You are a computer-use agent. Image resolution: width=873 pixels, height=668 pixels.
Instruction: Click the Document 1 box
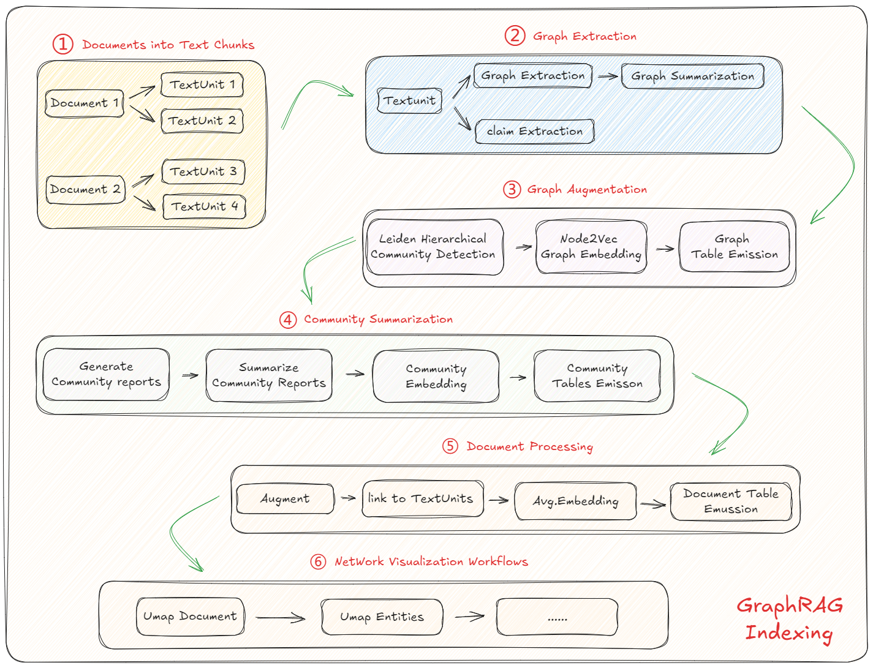click(x=85, y=103)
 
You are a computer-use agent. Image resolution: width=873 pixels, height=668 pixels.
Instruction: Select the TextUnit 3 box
click(x=203, y=172)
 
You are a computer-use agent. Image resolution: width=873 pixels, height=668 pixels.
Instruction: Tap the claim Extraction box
click(x=535, y=131)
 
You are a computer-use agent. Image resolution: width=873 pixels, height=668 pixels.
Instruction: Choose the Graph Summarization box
click(x=693, y=76)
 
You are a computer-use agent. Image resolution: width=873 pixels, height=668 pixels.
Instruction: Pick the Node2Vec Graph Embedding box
click(x=591, y=247)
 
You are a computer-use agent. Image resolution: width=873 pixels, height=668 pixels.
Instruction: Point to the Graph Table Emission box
click(x=735, y=247)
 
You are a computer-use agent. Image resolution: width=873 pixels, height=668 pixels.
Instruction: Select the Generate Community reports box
click(x=106, y=374)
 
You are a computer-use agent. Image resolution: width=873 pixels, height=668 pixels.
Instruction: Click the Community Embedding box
click(x=436, y=376)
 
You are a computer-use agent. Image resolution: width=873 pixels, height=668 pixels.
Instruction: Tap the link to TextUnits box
click(x=423, y=498)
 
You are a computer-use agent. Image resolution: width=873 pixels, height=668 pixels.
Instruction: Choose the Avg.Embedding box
click(x=575, y=501)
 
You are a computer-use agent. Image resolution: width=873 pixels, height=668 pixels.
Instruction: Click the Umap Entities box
click(x=382, y=617)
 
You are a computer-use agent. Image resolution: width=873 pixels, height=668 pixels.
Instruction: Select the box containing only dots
click(x=557, y=617)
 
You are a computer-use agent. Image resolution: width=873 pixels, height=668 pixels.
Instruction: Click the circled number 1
click(x=62, y=44)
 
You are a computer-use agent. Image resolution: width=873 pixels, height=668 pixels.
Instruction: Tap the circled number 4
click(x=288, y=320)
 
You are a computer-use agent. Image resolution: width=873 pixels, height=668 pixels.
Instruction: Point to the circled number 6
click(x=318, y=561)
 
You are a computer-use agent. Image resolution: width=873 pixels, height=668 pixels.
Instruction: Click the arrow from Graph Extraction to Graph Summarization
click(x=608, y=77)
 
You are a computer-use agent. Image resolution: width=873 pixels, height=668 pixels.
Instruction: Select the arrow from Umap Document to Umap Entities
click(x=281, y=617)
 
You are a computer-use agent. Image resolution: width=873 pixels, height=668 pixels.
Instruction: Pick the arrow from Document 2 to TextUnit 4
click(x=144, y=203)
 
